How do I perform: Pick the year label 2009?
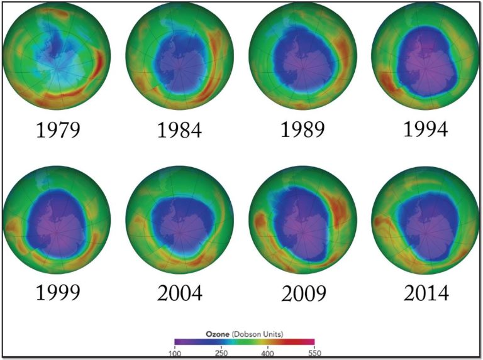[x=303, y=293]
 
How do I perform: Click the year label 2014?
[x=426, y=293]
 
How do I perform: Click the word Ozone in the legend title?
[x=216, y=333]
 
